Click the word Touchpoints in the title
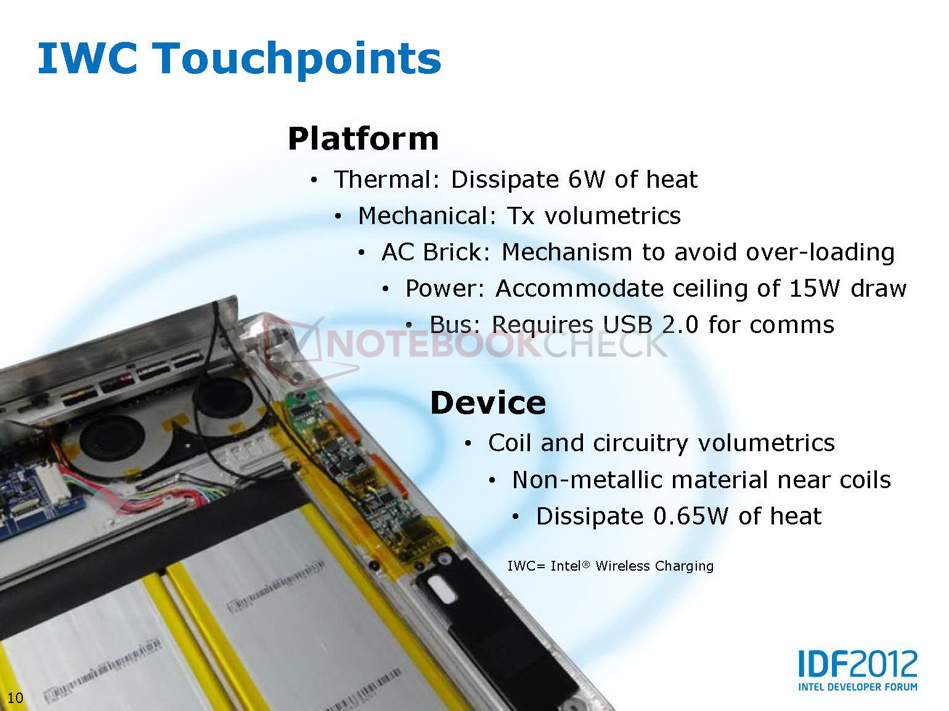click(x=298, y=60)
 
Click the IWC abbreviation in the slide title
click(x=88, y=58)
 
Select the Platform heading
click(x=363, y=139)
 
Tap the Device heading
click(x=488, y=403)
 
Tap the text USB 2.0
click(x=651, y=324)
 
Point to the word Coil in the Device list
click(x=510, y=443)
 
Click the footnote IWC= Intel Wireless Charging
click(x=610, y=566)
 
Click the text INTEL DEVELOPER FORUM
click(x=857, y=686)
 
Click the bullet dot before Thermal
click(x=314, y=180)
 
